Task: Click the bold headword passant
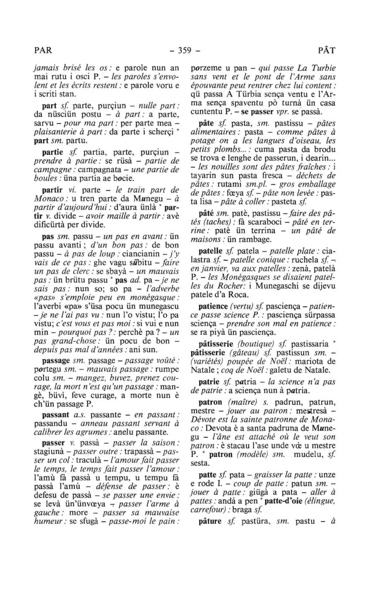coord(55,415)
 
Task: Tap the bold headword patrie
coord(209,381)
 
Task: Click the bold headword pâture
coord(210,521)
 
